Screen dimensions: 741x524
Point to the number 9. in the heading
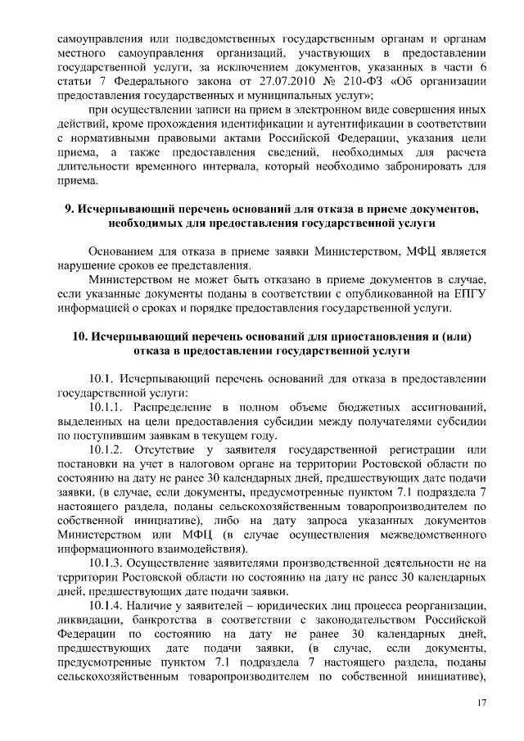pyautogui.click(x=70, y=208)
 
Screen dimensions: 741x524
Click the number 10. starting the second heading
pyautogui.click(x=78, y=336)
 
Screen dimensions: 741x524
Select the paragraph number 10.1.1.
pyautogui.click(x=108, y=407)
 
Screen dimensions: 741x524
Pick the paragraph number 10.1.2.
pyautogui.click(x=109, y=450)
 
